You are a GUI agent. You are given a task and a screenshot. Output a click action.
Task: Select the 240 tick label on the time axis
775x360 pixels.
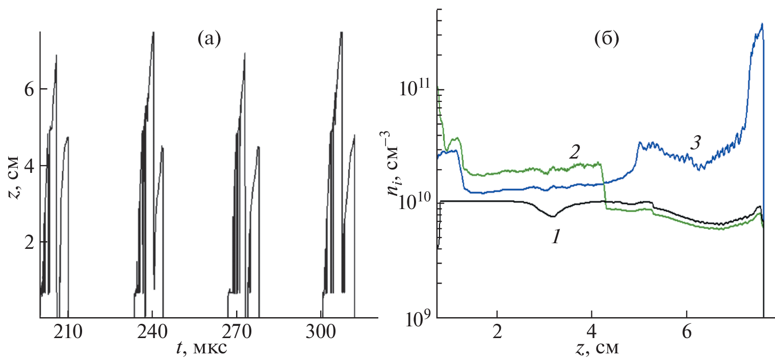[x=152, y=332]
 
